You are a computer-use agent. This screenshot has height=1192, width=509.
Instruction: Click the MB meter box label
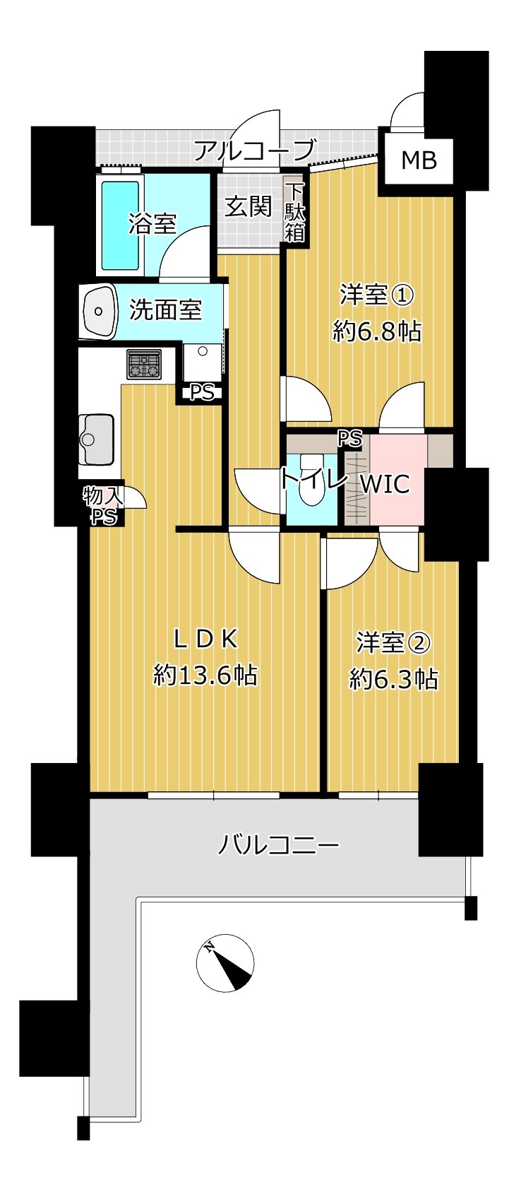[419, 160]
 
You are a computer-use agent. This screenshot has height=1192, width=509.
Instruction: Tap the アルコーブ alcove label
[254, 149]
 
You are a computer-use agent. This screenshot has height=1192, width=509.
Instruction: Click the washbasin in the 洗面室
[99, 311]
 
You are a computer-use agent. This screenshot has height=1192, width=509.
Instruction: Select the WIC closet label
[385, 484]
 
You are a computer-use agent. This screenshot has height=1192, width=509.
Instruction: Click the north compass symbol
[225, 962]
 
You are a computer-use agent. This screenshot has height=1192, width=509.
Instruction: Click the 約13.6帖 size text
[205, 675]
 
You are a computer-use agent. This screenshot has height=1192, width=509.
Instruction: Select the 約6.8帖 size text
[377, 331]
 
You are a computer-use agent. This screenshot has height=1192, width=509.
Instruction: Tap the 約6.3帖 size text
[394, 679]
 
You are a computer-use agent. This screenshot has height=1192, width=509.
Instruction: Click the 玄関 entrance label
[248, 206]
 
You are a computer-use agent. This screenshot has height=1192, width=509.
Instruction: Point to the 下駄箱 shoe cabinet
[295, 212]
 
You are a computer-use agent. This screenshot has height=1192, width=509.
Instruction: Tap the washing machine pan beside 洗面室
[203, 362]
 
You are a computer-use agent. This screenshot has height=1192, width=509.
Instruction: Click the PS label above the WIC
[350, 439]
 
